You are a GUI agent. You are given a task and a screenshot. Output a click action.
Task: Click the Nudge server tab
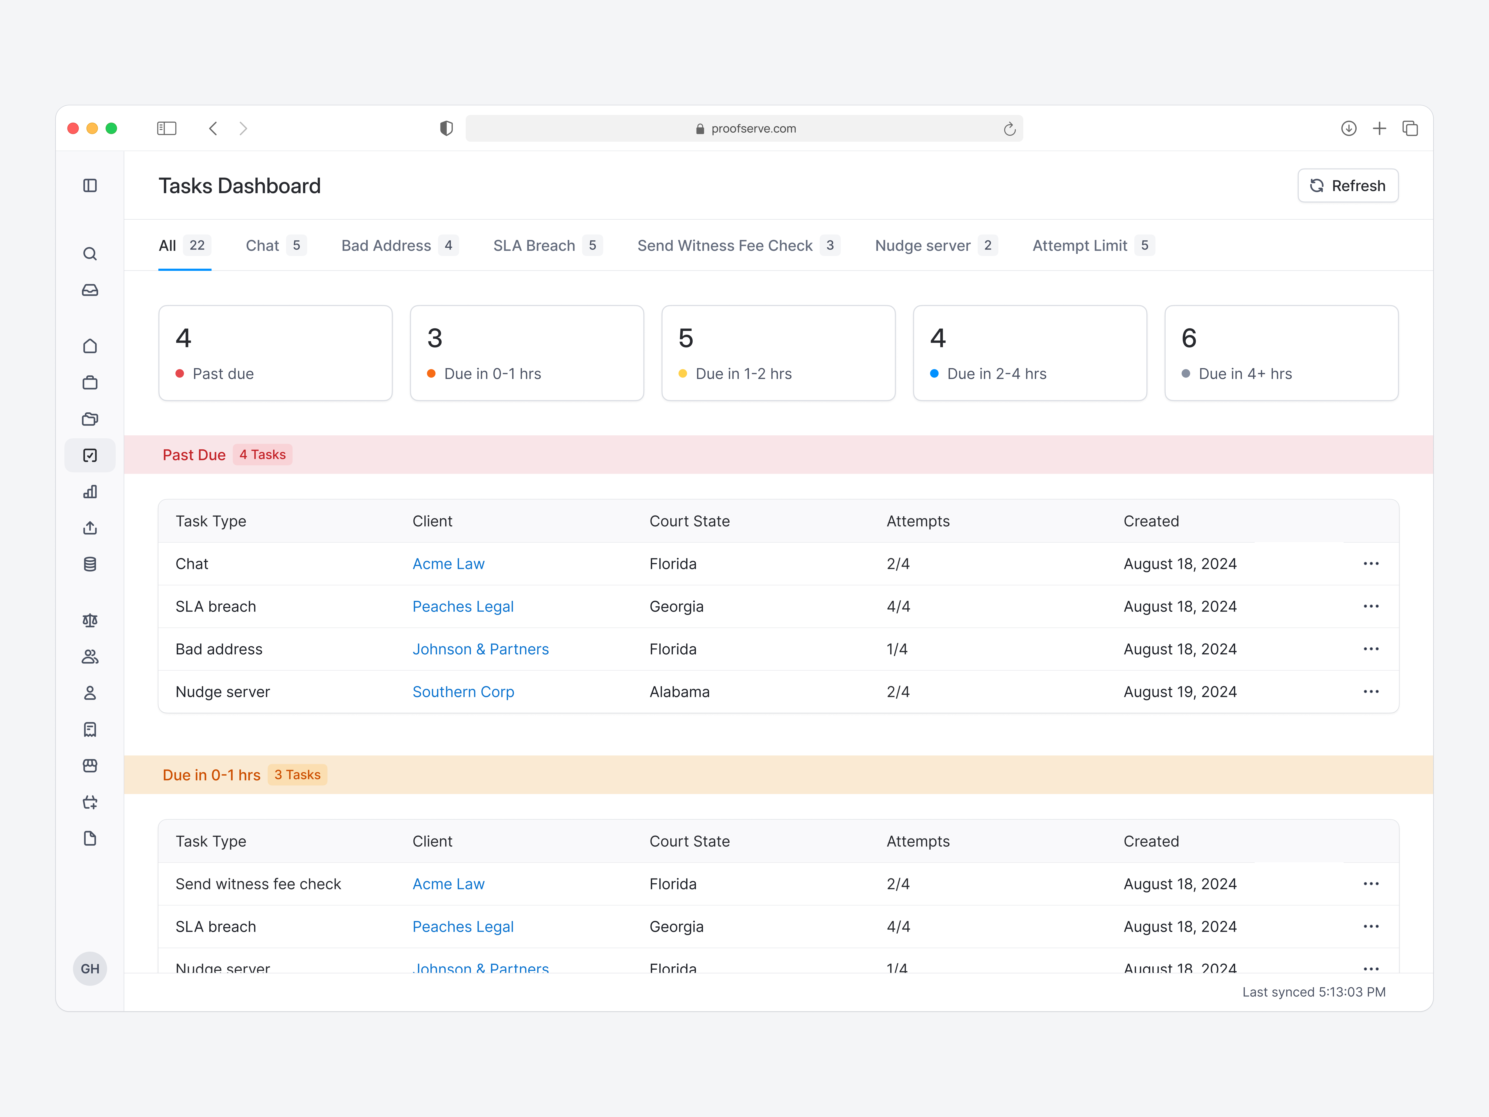point(922,246)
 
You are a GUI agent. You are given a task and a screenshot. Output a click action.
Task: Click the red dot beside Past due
point(180,374)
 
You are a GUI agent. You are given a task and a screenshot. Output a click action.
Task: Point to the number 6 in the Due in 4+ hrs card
point(1189,338)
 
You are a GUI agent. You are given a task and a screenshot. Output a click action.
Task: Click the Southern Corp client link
point(463,692)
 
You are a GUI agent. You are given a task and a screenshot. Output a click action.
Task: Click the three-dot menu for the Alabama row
point(1371,692)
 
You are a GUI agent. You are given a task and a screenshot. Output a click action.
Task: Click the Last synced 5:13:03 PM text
point(1313,992)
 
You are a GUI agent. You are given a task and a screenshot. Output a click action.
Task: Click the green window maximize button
point(112,129)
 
